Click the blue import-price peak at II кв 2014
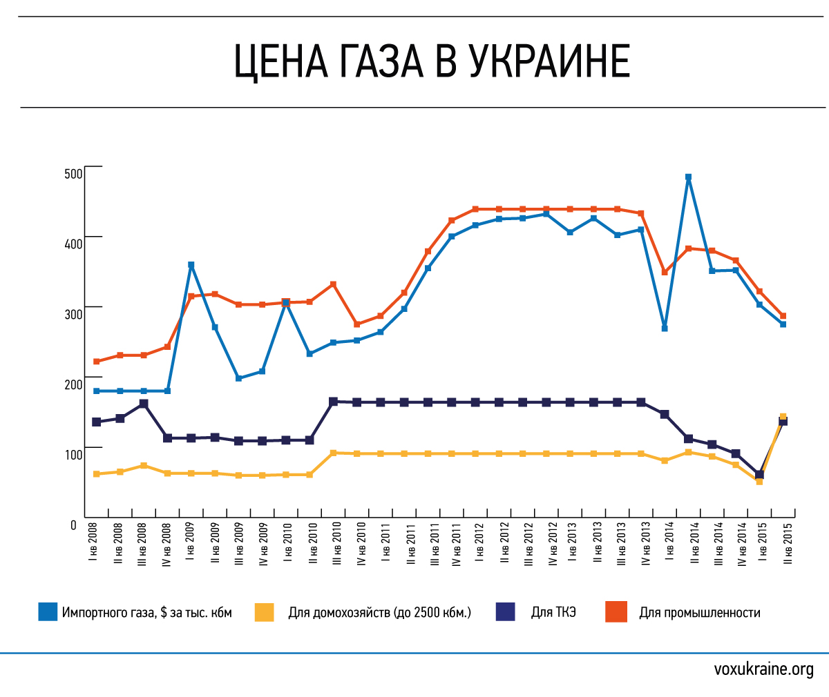click(x=688, y=177)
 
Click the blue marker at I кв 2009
click(x=191, y=265)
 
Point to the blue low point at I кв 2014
click(x=665, y=328)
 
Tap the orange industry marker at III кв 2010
click(x=333, y=284)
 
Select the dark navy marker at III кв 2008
click(x=144, y=404)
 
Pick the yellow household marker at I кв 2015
click(x=759, y=482)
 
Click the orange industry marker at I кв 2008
click(x=97, y=362)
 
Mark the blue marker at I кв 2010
click(x=286, y=303)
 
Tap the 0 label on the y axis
click(x=74, y=525)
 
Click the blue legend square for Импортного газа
click(x=48, y=612)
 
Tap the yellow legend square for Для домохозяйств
click(x=264, y=612)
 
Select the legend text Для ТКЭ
click(x=553, y=612)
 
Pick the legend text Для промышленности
click(x=699, y=612)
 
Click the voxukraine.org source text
click(x=763, y=669)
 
